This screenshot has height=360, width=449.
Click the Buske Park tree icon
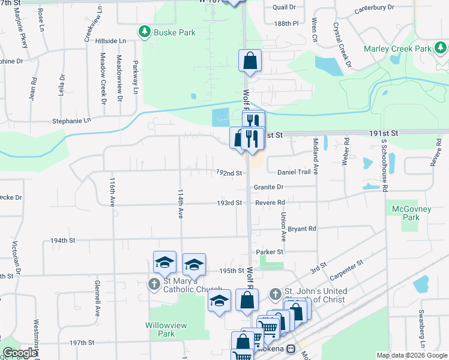coord(144,32)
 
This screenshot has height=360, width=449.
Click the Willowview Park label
coord(160,329)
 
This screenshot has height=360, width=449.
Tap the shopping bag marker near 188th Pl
coord(250,61)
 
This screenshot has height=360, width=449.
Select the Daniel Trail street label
coord(294,172)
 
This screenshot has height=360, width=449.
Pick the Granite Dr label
coord(268,187)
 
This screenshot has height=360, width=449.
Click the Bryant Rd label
coord(302,229)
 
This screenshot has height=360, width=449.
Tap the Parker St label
coord(269,252)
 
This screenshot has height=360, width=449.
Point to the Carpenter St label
coord(348,267)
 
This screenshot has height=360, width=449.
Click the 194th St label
coord(63,240)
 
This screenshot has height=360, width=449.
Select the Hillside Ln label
coord(114,40)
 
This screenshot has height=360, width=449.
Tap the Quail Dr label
coord(284,7)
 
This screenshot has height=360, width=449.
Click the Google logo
coord(19,353)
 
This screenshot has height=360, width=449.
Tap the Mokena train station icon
coord(291,349)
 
